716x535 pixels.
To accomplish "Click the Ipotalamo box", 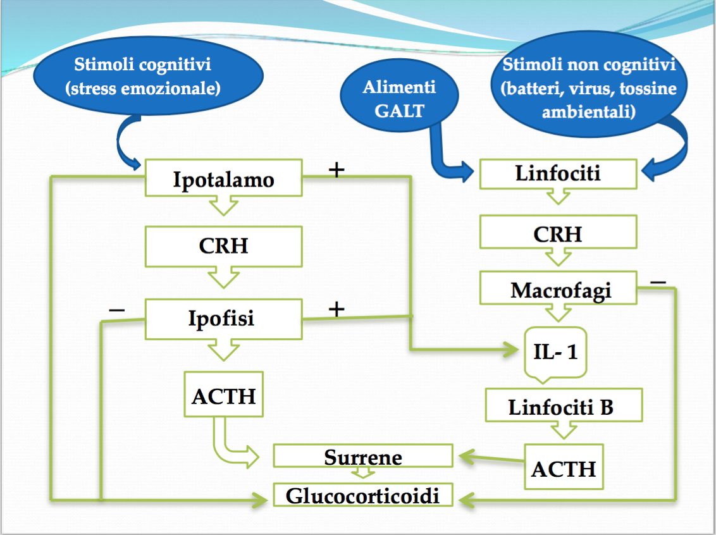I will click(223, 178).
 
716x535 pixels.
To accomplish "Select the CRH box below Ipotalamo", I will click(223, 246).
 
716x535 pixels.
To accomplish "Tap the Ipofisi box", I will click(223, 318).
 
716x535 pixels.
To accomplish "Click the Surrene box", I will click(363, 456).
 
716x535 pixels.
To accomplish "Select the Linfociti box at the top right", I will click(558, 173).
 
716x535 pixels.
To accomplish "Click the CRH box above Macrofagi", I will click(558, 233).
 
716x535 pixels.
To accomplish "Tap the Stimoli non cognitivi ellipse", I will click(588, 85).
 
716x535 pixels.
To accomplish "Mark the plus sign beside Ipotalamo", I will click(336, 169).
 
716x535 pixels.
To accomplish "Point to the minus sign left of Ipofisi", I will click(117, 309).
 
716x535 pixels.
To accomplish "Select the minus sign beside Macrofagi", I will click(658, 281).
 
